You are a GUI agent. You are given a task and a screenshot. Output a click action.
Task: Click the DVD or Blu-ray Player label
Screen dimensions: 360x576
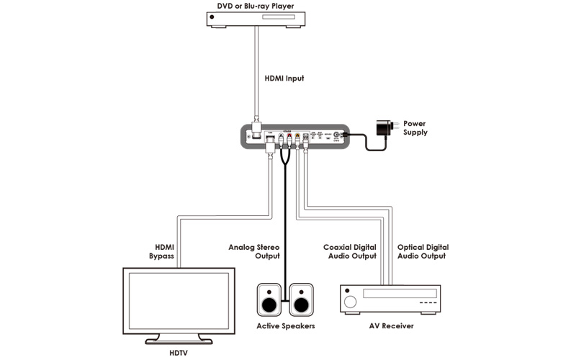click(257, 7)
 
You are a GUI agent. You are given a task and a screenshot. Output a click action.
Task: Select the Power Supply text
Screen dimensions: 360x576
click(415, 128)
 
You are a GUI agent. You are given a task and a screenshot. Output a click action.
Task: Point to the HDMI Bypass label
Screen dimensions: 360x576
click(161, 251)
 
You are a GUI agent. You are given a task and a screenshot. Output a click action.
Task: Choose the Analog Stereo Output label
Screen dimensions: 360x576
click(253, 251)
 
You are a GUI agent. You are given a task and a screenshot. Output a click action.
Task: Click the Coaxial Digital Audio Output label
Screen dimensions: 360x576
click(350, 251)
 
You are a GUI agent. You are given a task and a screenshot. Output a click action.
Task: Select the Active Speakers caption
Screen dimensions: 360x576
click(286, 326)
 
